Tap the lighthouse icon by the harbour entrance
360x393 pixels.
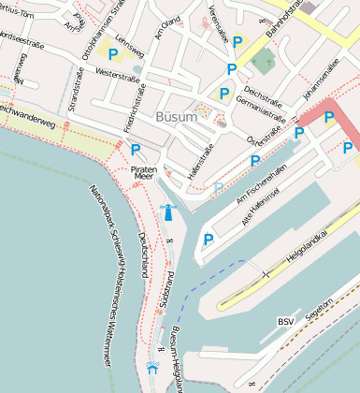(168, 211)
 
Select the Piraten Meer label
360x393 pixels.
(144, 170)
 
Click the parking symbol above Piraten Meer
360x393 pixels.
(136, 150)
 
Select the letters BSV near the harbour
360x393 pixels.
(285, 322)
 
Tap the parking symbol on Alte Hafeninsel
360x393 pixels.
(209, 240)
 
